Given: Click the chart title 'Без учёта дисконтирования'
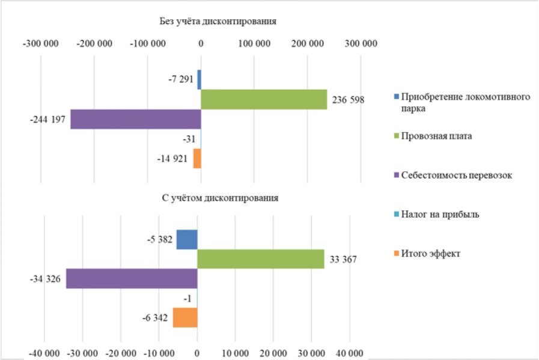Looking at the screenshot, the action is (x=218, y=21).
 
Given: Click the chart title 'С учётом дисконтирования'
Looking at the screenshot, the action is (x=220, y=198).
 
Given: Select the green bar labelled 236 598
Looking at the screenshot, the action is (x=264, y=99).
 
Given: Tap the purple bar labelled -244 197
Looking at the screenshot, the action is (x=136, y=119).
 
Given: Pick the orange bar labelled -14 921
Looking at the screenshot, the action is (x=197, y=158).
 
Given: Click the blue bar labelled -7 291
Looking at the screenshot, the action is (x=199, y=79).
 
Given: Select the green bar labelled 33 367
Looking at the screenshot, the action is (x=261, y=259).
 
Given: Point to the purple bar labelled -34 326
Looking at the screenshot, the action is (x=132, y=278).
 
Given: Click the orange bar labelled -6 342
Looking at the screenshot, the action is (x=185, y=317).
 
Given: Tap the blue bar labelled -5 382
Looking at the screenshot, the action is (x=187, y=239).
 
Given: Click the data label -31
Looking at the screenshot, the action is (x=189, y=139).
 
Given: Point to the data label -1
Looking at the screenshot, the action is (x=187, y=299).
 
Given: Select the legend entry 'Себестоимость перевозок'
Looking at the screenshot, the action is (x=453, y=175).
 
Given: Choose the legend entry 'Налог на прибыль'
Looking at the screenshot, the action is (x=437, y=214).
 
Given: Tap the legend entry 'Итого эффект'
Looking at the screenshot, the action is (x=427, y=254).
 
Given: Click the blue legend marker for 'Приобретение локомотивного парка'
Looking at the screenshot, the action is (x=397, y=97).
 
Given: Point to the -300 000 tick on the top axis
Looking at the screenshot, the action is (x=41, y=44).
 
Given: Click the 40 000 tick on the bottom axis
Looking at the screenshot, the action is (x=350, y=353).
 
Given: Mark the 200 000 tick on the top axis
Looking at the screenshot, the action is (x=308, y=44).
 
